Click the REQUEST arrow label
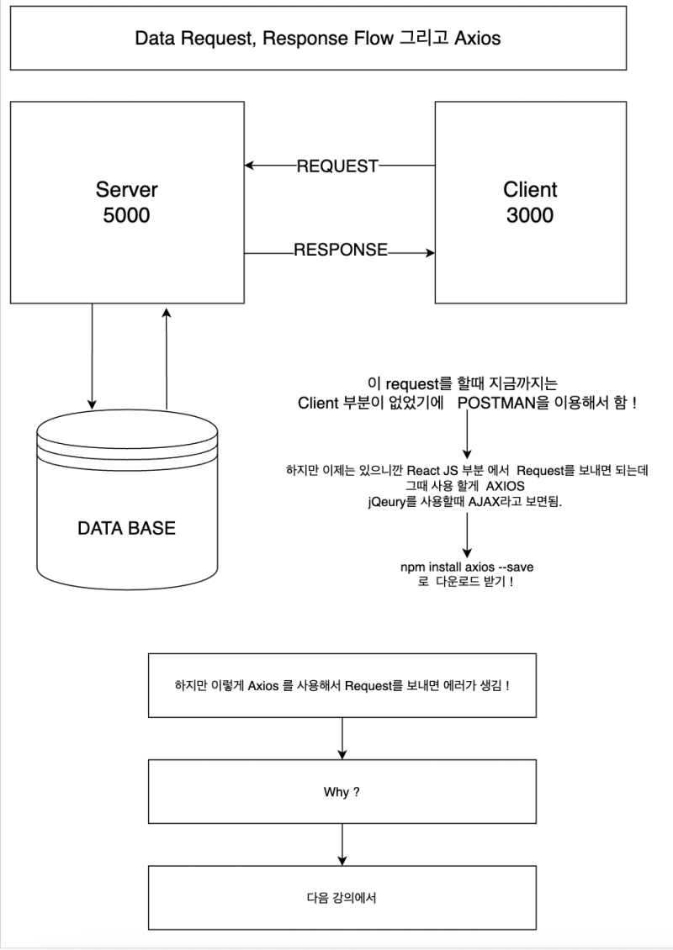(x=336, y=166)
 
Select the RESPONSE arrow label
(x=340, y=250)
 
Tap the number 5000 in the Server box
(x=126, y=215)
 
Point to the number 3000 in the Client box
(x=529, y=215)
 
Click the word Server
(x=126, y=189)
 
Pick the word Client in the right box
(x=529, y=189)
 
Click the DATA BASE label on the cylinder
(x=126, y=529)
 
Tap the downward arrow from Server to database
(x=92, y=353)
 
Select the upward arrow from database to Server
(x=166, y=357)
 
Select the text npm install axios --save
(x=466, y=567)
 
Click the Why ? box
(x=342, y=792)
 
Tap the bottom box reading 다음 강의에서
(x=342, y=897)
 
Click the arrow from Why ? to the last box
(x=342, y=845)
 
